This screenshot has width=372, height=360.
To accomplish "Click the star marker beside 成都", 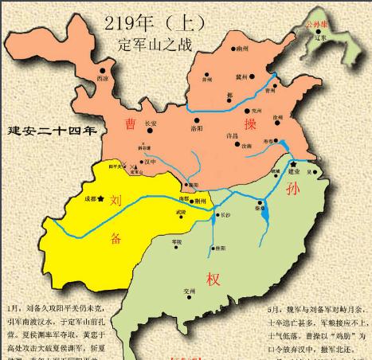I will point(100,198).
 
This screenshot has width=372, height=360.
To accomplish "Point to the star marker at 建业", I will point(294,164).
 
